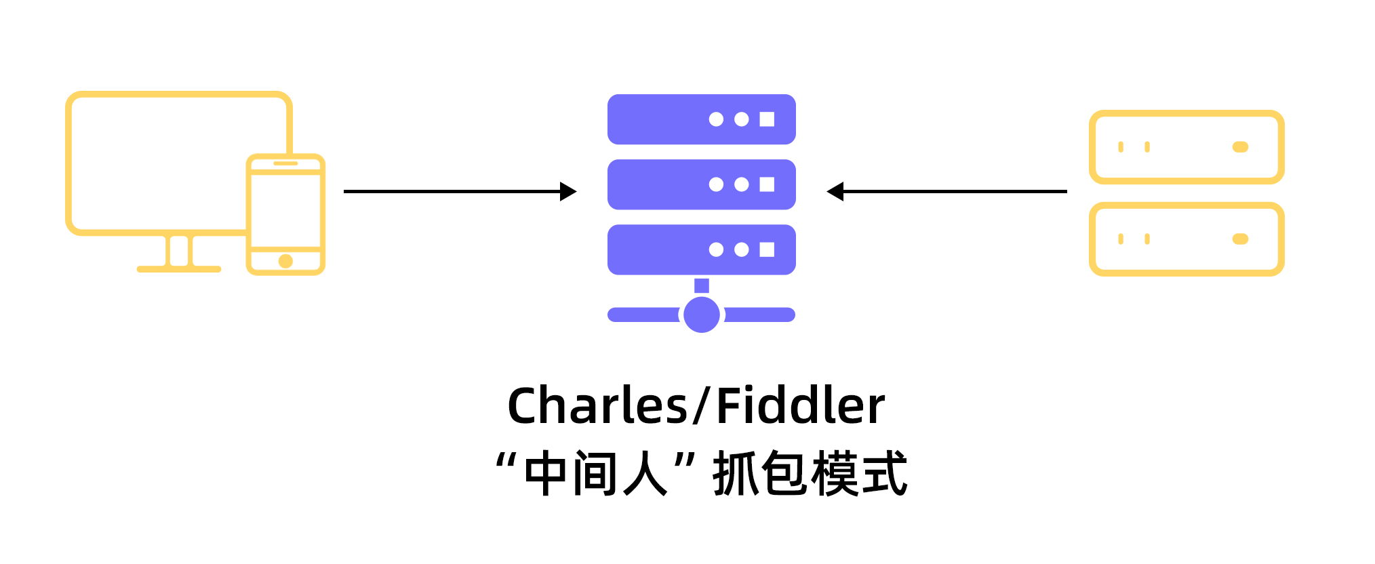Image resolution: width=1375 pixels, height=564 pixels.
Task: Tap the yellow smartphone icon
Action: click(285, 214)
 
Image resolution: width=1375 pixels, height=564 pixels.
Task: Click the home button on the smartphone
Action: click(285, 261)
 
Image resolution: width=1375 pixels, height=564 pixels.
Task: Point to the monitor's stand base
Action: click(179, 269)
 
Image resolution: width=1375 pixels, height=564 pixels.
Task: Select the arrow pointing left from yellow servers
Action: click(946, 192)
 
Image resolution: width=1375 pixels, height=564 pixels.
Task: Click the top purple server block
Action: click(701, 119)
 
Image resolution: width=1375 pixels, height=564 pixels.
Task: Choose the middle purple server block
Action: click(701, 184)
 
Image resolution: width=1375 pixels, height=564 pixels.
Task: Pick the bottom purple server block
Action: click(701, 249)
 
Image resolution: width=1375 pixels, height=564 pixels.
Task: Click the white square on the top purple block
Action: click(767, 119)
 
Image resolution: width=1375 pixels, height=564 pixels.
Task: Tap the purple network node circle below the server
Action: click(701, 315)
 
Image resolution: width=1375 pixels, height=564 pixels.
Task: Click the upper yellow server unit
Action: click(1187, 147)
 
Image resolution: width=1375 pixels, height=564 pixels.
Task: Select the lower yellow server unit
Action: click(1187, 239)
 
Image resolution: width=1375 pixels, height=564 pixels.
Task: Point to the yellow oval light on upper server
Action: click(1240, 147)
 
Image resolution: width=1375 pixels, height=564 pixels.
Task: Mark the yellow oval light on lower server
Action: click(1240, 239)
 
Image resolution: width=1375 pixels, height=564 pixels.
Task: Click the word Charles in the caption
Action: click(597, 406)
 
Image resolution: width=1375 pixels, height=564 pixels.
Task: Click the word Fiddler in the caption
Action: click(800, 406)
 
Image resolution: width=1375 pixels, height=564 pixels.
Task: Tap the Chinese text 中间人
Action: click(596, 474)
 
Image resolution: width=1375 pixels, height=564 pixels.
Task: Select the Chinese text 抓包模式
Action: click(810, 474)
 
